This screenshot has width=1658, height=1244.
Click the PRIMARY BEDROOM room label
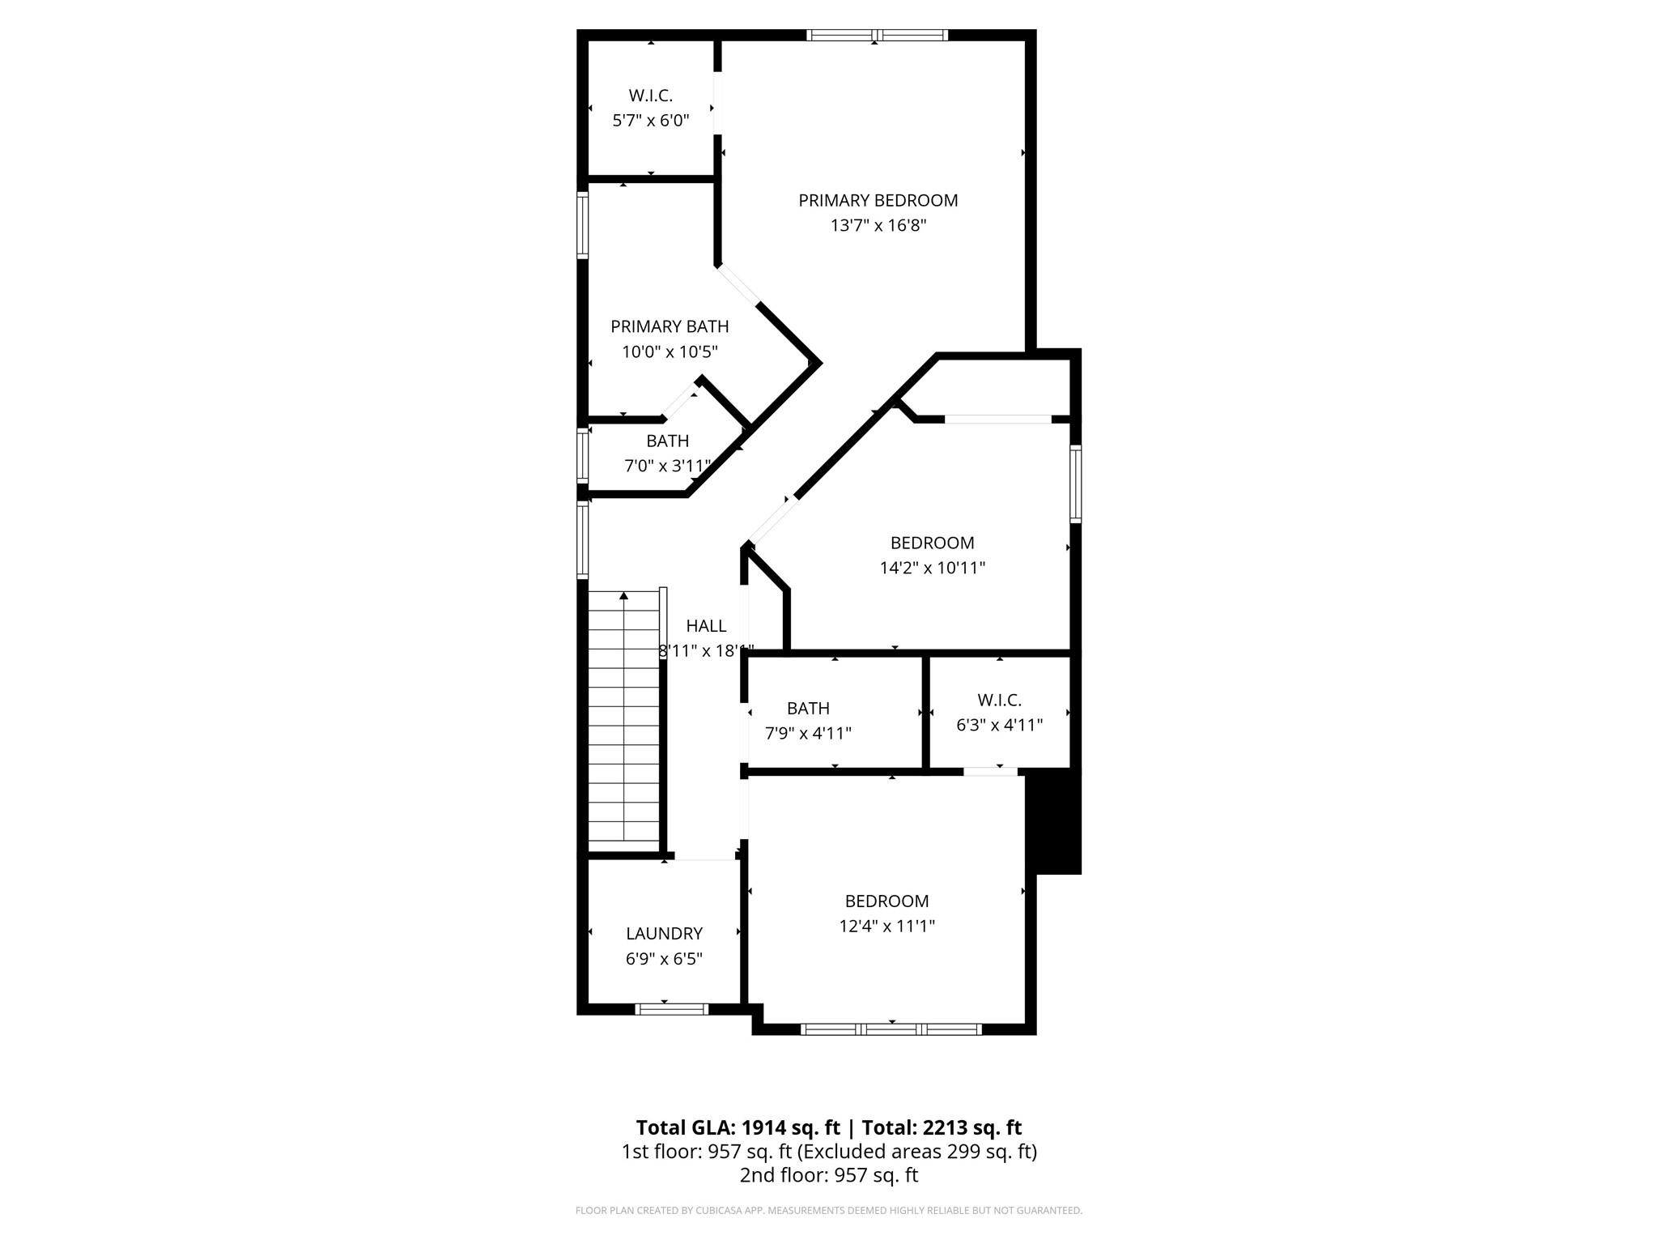(x=878, y=200)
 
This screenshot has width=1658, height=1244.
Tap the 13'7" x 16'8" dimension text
(x=878, y=225)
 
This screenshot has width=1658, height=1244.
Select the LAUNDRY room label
(x=664, y=933)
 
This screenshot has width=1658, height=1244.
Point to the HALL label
(x=706, y=625)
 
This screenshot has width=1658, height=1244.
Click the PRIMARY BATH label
(x=670, y=326)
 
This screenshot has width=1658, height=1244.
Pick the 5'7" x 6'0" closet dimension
(x=651, y=121)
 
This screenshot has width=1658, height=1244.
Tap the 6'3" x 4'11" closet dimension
(x=999, y=725)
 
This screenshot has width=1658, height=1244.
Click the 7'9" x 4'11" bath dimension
(x=808, y=734)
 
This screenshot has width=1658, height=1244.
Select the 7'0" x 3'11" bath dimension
(x=668, y=466)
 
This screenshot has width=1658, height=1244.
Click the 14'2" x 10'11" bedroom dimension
(x=932, y=568)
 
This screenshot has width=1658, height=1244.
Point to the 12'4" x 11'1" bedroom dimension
(x=886, y=926)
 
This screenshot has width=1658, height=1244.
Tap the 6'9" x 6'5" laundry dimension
(x=664, y=959)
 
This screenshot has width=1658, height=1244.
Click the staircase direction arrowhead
(x=623, y=596)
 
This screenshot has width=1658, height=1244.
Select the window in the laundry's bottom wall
(x=672, y=1009)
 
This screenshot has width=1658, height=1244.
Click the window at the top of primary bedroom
(x=878, y=35)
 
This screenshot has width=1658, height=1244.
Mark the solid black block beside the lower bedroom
(x=1053, y=823)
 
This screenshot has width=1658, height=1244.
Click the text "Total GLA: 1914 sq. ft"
(x=738, y=1127)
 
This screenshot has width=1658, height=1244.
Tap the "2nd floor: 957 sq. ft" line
(x=829, y=1175)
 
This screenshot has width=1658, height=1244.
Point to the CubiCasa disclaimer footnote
(x=829, y=1211)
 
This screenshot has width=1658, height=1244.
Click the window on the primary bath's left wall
(x=582, y=224)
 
